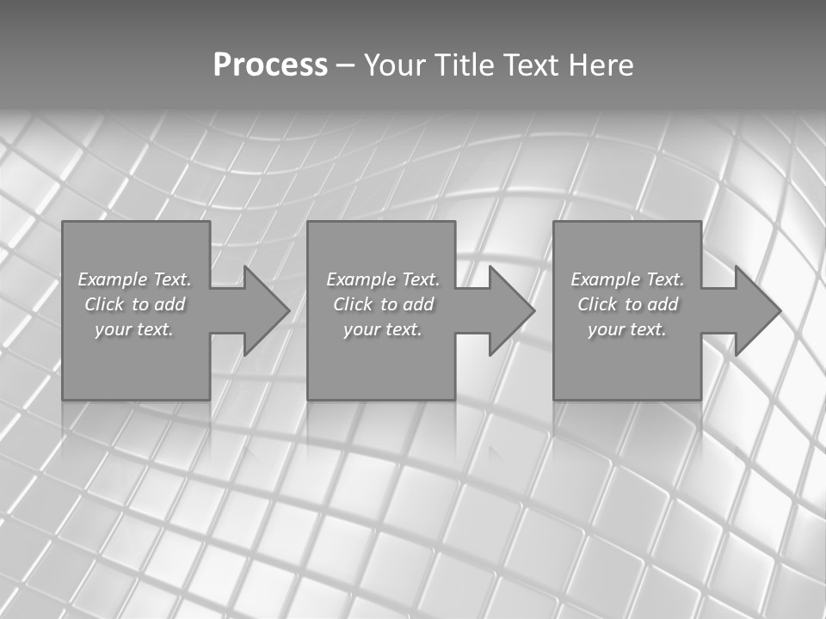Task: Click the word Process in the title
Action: tap(270, 65)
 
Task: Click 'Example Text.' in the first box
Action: tap(134, 279)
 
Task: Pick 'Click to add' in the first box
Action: tap(134, 304)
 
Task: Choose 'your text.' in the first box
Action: tap(134, 329)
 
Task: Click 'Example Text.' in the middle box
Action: tap(382, 279)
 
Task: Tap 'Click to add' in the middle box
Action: tap(382, 304)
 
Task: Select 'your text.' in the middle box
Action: tap(382, 329)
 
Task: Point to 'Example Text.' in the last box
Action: tap(627, 279)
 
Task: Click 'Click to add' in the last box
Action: tap(627, 304)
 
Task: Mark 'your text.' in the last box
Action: tap(627, 329)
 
